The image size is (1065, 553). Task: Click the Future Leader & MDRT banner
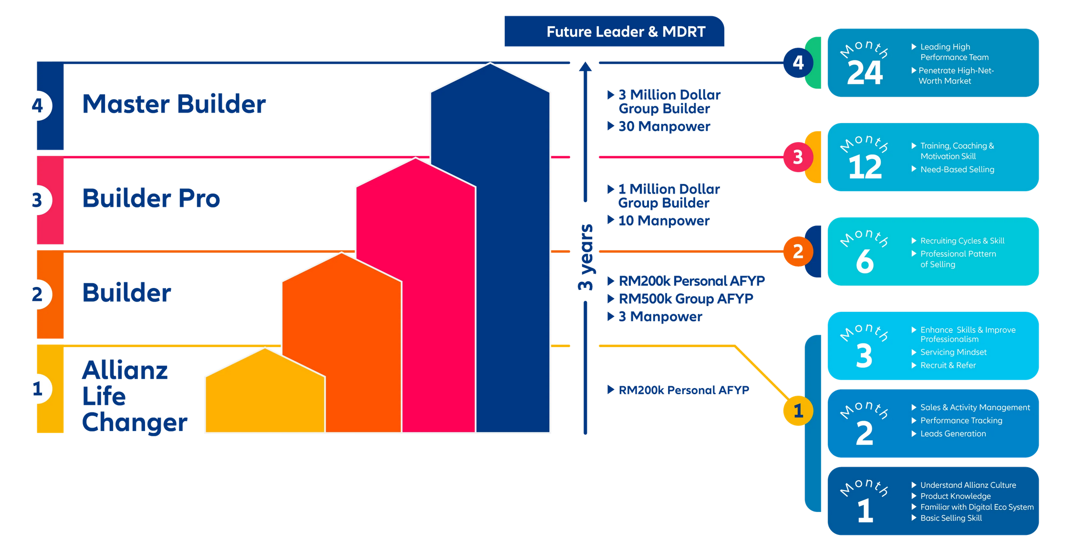pyautogui.click(x=614, y=31)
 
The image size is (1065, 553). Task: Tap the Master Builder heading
pyautogui.click(x=174, y=104)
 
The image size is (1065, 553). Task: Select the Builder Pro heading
pyautogui.click(x=151, y=198)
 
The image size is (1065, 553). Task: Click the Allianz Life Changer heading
pyautogui.click(x=135, y=396)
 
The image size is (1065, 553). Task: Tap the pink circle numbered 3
pyautogui.click(x=798, y=157)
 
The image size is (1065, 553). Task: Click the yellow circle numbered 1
pyautogui.click(x=798, y=410)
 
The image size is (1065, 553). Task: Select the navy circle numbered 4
pyautogui.click(x=798, y=62)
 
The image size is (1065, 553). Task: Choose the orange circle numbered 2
pyautogui.click(x=798, y=251)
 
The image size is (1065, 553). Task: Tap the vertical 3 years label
pyautogui.click(x=585, y=257)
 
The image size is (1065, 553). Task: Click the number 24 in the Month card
pyautogui.click(x=865, y=73)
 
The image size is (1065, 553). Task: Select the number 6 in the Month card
pyautogui.click(x=865, y=262)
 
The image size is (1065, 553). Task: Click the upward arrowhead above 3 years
pyautogui.click(x=585, y=66)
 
